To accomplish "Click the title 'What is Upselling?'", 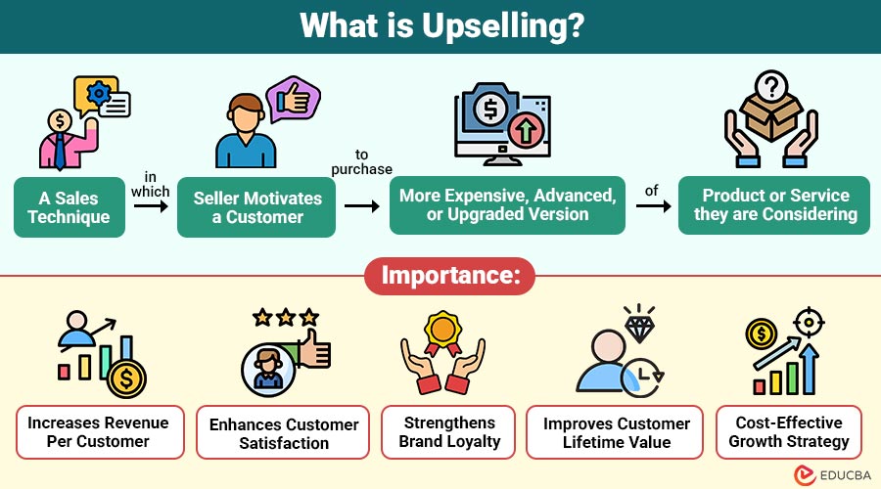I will (440, 26).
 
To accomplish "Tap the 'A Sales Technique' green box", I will (70, 206).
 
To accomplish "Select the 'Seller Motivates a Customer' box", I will (256, 206).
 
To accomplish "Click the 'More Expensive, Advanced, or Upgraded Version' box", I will (507, 205).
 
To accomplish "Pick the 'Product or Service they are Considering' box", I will (774, 205).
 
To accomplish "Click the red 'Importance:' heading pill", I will (450, 275).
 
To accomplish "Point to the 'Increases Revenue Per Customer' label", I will (98, 431).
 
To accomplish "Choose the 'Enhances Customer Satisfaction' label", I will (285, 433).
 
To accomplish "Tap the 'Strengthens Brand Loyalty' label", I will (449, 431).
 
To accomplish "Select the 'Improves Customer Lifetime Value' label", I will (616, 432).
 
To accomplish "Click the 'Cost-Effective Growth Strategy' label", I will (789, 431).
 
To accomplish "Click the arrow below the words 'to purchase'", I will (362, 206).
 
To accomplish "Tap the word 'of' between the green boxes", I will (652, 191).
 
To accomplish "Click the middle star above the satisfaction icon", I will (286, 318).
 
